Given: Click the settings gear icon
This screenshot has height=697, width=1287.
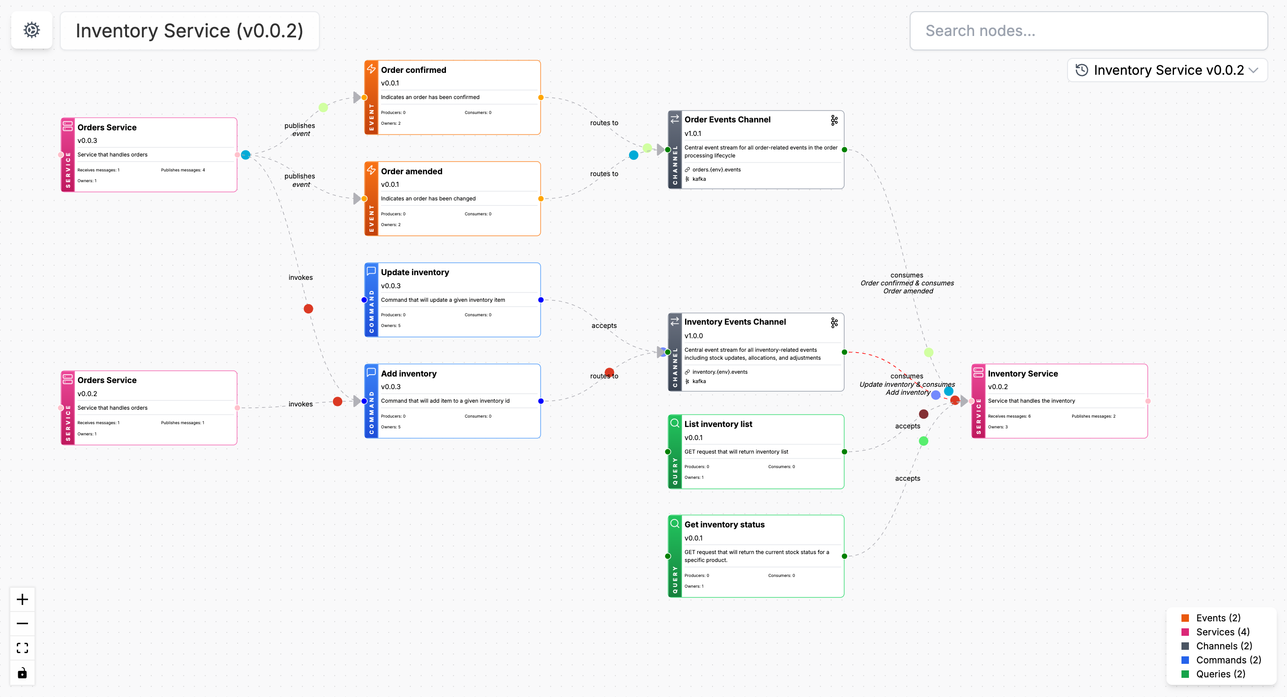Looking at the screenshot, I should (x=31, y=30).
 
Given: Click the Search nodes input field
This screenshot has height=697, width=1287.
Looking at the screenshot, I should (x=1088, y=31).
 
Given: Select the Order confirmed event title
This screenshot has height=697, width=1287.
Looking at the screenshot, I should (x=413, y=70).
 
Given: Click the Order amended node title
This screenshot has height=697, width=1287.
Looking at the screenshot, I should (x=411, y=171).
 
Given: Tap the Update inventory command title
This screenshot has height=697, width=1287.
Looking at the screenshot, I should (x=415, y=272).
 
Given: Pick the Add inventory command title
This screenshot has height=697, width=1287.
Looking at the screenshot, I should (x=408, y=374).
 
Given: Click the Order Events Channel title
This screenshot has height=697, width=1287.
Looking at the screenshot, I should (x=727, y=120).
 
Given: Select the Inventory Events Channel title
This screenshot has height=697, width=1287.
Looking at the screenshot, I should (x=735, y=322).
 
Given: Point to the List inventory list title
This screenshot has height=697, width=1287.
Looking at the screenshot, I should (x=718, y=424).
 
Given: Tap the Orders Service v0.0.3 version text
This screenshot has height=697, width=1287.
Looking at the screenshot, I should (x=87, y=141).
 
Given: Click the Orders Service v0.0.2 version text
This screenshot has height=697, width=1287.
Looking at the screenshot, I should (x=87, y=394).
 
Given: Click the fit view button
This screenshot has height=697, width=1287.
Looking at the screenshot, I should (x=22, y=648).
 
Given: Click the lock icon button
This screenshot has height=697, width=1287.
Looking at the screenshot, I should (x=22, y=673).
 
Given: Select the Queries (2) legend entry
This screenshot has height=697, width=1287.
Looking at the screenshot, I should (x=1220, y=674).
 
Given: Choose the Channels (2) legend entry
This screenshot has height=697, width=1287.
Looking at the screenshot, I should (x=1223, y=646).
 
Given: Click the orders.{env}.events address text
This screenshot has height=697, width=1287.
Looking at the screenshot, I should (x=716, y=170).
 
